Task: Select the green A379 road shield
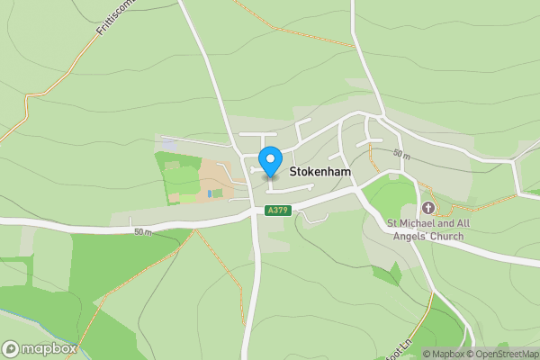[x=277, y=210]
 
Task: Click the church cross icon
[x=427, y=208]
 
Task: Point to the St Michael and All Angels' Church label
[x=425, y=229]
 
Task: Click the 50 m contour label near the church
[x=401, y=156]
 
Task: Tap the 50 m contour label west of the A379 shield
[x=142, y=232]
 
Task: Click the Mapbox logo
[x=39, y=348]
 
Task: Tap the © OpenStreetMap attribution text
[x=507, y=354]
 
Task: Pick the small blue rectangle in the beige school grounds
[x=210, y=193]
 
